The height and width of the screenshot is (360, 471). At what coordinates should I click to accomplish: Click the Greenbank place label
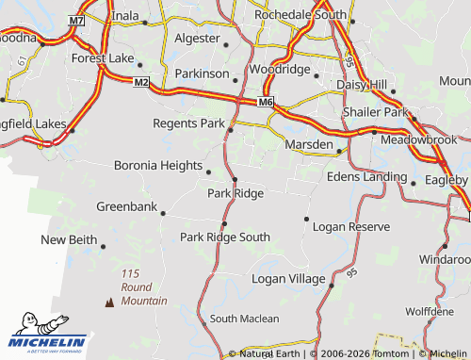(126, 206)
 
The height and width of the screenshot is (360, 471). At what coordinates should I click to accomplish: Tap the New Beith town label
(69, 240)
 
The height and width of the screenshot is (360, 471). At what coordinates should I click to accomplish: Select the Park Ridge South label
(225, 237)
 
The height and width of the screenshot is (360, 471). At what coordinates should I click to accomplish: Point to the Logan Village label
(288, 279)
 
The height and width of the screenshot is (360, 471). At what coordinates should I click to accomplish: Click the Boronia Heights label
(158, 165)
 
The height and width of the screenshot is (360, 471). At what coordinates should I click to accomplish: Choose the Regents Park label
(189, 123)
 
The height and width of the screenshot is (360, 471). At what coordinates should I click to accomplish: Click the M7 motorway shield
(76, 20)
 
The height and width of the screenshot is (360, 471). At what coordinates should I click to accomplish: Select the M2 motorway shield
(141, 83)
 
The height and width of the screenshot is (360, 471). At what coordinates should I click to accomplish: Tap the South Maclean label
(244, 319)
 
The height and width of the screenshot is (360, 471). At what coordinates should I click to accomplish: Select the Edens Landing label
(365, 176)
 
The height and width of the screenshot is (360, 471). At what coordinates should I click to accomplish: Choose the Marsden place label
(308, 145)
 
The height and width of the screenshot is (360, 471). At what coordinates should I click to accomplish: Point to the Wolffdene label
(429, 311)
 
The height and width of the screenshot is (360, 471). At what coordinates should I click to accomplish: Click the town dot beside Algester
(226, 43)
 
